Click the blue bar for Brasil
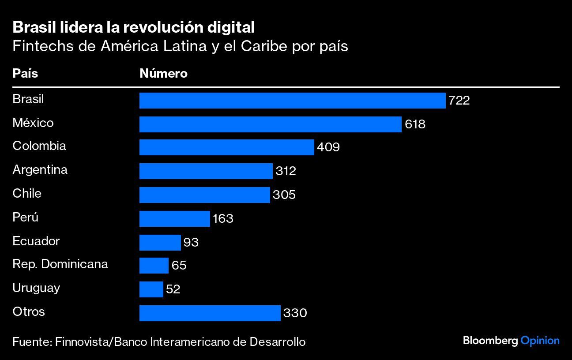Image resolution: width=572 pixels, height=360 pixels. point(292,101)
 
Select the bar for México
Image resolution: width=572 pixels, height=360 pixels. point(270,124)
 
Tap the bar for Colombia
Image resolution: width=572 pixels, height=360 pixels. point(226,147)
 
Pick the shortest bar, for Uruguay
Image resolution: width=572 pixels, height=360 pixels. point(151,289)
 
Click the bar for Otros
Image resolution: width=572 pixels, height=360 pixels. point(210,313)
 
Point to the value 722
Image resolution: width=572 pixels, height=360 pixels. point(459,101)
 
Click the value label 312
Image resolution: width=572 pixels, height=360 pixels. point(286,171)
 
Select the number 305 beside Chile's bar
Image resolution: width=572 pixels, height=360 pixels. point(284,195)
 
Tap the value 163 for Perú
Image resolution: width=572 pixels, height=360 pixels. point(223,218)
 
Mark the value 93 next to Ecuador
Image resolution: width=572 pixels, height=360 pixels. point(191,242)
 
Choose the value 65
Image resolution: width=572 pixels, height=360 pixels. point(179,266)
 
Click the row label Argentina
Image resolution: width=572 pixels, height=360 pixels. point(40,169)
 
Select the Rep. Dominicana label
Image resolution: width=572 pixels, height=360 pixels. point(60,264)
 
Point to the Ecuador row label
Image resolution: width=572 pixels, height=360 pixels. point(36,241)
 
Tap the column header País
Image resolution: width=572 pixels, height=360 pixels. point(25,73)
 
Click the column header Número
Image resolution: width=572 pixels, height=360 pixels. point(163,73)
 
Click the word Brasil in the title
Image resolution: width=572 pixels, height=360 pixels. point(35,27)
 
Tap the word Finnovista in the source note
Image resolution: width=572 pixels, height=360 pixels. point(83,341)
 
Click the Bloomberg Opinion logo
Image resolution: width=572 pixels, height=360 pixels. point(511,341)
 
